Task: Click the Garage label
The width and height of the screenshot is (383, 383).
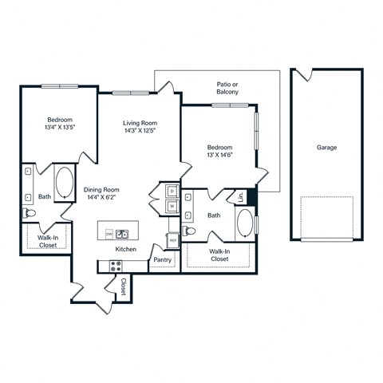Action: (x=326, y=148)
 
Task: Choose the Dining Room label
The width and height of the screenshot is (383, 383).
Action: (x=101, y=190)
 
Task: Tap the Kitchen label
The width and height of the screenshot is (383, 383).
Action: (x=124, y=250)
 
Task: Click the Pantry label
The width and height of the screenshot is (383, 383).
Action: (x=162, y=260)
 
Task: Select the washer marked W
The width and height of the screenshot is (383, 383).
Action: (x=172, y=207)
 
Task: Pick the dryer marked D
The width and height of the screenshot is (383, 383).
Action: (x=172, y=191)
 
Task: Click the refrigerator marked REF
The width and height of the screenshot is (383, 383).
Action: (x=172, y=239)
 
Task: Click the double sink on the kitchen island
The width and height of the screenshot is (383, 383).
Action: (x=123, y=234)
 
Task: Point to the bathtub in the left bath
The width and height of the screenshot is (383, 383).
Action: (x=64, y=182)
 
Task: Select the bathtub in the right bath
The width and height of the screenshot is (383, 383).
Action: (x=245, y=223)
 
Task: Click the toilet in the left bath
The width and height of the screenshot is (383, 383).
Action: (x=29, y=214)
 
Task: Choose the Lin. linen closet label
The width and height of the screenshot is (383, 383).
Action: (x=239, y=196)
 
